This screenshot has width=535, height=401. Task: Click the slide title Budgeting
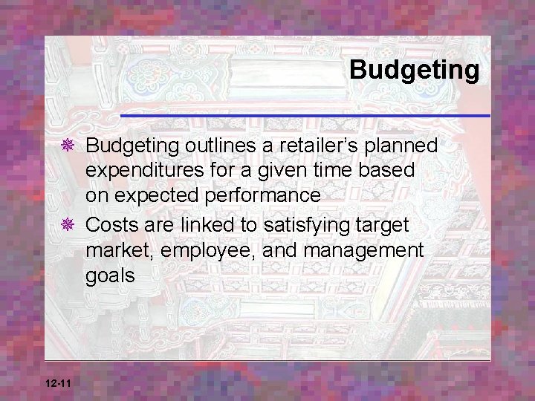click(415, 70)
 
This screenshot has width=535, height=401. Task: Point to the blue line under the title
click(305, 117)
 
